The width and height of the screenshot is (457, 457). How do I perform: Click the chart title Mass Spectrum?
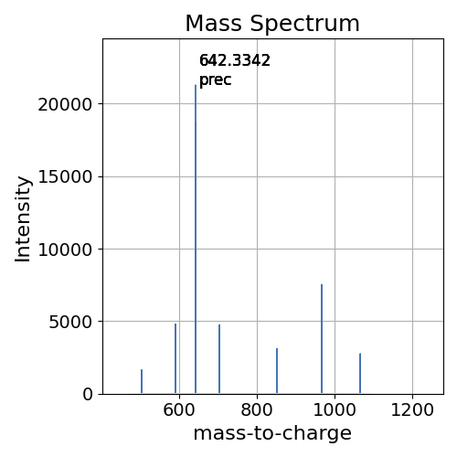pyautogui.click(x=272, y=24)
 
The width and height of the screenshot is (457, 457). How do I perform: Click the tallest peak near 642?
pyautogui.click(x=196, y=238)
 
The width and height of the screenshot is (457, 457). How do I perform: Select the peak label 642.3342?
pyautogui.click(x=235, y=61)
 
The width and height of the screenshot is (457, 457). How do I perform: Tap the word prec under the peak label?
pyautogui.click(x=216, y=80)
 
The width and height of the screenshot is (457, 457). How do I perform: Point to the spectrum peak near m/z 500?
pyautogui.click(x=142, y=382)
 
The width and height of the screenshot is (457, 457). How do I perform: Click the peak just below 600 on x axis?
pyautogui.click(x=175, y=358)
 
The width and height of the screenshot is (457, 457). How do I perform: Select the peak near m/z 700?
pyautogui.click(x=219, y=359)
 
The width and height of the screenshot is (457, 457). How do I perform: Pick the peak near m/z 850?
pyautogui.click(x=277, y=371)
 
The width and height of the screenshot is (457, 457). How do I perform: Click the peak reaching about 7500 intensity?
pyautogui.click(x=322, y=339)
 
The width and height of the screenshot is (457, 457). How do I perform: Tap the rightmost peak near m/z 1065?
pyautogui.click(x=360, y=374)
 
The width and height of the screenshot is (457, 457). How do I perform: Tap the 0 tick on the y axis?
pyautogui.click(x=88, y=394)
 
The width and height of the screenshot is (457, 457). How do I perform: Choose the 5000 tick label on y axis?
pyautogui.click(x=73, y=322)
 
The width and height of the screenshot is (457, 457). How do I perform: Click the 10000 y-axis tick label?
pyautogui.click(x=68, y=250)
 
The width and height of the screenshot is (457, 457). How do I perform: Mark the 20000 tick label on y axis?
pyautogui.click(x=68, y=104)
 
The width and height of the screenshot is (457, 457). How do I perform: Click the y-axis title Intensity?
pyautogui.click(x=24, y=218)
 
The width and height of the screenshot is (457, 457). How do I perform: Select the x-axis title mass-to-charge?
pyautogui.click(x=272, y=434)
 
